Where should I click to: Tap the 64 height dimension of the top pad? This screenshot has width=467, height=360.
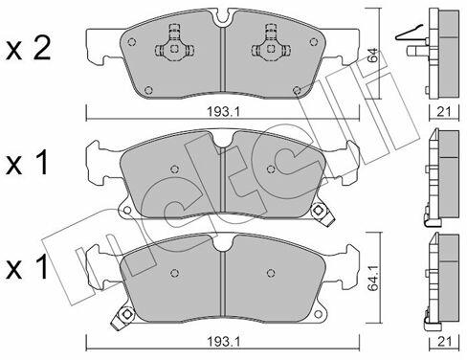coord(373,55)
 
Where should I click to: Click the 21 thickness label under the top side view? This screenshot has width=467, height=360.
coord(444,111)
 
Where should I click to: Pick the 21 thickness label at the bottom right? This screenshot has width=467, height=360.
coord(444,342)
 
